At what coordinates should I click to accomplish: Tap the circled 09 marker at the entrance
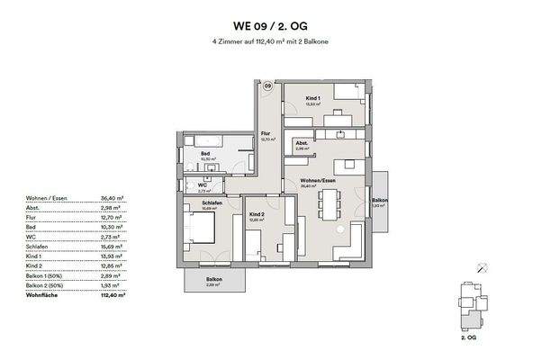(x=267, y=86)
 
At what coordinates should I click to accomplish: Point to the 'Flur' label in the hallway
(x=266, y=135)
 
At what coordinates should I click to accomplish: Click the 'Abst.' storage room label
(x=302, y=144)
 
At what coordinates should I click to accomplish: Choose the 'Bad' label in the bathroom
(x=205, y=155)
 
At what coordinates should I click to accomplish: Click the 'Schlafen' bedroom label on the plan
(x=212, y=202)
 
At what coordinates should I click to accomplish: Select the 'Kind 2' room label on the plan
(x=256, y=213)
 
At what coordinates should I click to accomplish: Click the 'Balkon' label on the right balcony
(x=381, y=200)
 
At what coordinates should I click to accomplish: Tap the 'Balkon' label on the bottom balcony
(x=213, y=279)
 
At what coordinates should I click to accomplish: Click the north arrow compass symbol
(x=483, y=266)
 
